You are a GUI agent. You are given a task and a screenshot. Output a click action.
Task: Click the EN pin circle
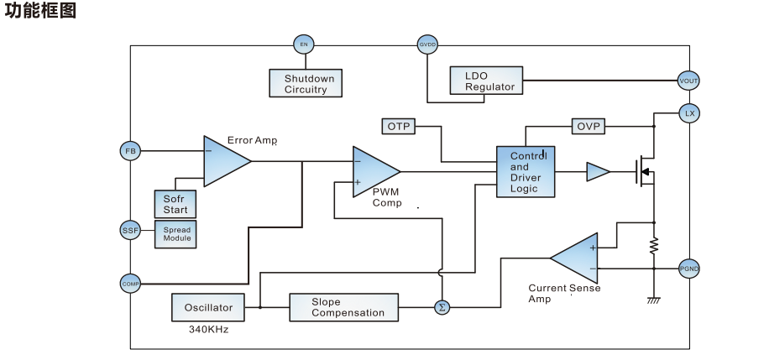[x=303, y=44]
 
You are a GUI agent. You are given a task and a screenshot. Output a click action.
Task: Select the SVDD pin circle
[x=427, y=44]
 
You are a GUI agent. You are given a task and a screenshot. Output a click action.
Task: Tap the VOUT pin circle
[x=688, y=81]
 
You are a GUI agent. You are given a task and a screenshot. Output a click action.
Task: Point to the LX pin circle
[x=689, y=112]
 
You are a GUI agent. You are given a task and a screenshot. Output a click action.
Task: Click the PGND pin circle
[x=688, y=269]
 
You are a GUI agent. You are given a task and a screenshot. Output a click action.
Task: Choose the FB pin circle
[x=130, y=151]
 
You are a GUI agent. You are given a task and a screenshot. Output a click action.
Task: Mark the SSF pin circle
[x=130, y=230]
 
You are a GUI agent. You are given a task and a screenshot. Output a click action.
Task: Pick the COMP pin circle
[x=130, y=284]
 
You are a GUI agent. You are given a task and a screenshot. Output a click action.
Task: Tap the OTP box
[x=398, y=126]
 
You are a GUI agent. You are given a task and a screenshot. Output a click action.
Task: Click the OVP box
[x=588, y=126]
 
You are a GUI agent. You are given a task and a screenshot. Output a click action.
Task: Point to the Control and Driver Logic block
[x=526, y=172]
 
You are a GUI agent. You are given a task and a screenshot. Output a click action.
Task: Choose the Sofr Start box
[x=175, y=204]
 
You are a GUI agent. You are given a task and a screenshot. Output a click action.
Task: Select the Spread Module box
[x=176, y=233]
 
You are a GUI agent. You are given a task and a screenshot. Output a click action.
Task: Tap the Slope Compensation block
[x=343, y=307]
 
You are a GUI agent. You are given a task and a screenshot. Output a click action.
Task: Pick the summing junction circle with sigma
[x=442, y=308]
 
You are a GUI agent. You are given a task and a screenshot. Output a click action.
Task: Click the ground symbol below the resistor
[x=654, y=300]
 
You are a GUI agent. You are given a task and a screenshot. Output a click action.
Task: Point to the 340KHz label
[x=208, y=330]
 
